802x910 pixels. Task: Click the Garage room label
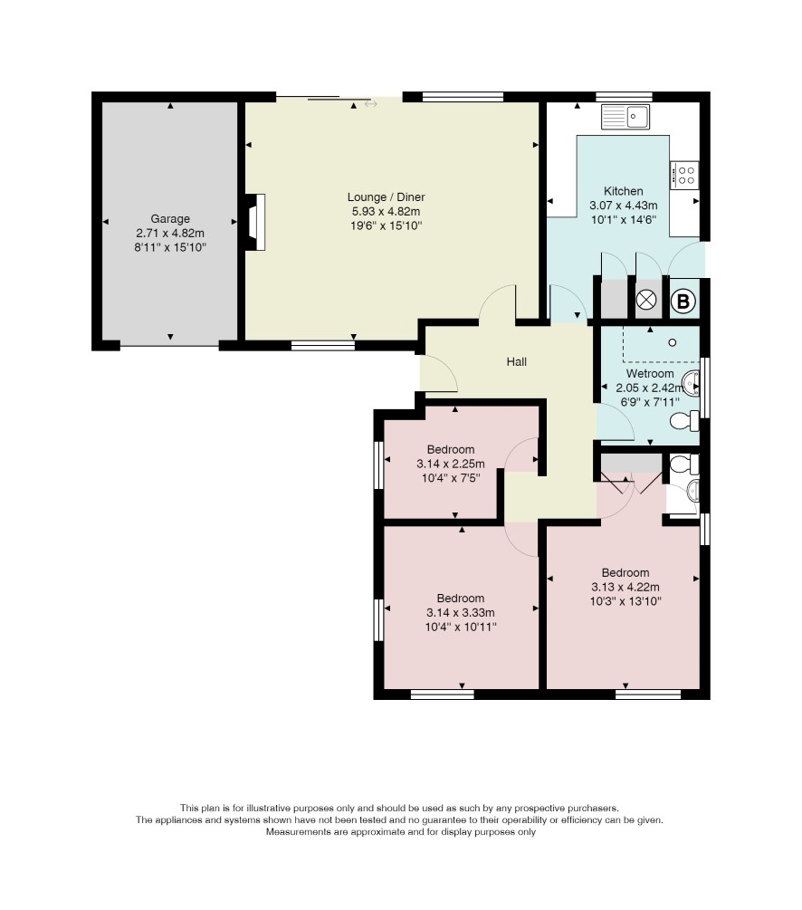(170, 219)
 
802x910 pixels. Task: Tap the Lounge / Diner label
(386, 197)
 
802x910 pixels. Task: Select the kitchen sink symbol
(625, 117)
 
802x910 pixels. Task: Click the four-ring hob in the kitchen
(684, 176)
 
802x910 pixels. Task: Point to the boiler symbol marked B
(683, 302)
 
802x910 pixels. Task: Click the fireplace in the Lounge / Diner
(256, 222)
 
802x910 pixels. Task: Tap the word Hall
(517, 362)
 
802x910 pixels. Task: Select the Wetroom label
(650, 374)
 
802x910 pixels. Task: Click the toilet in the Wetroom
(684, 421)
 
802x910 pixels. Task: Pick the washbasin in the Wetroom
(692, 383)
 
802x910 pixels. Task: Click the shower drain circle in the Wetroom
(672, 342)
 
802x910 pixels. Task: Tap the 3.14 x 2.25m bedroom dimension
(450, 464)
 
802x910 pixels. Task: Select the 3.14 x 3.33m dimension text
(460, 613)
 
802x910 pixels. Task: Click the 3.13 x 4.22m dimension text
(625, 588)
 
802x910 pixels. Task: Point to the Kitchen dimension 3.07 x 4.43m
(624, 206)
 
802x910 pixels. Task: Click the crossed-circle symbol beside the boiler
(645, 300)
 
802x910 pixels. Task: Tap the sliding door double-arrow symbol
(371, 104)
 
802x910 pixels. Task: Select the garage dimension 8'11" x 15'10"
(170, 248)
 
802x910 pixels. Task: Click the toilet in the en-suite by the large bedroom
(684, 465)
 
